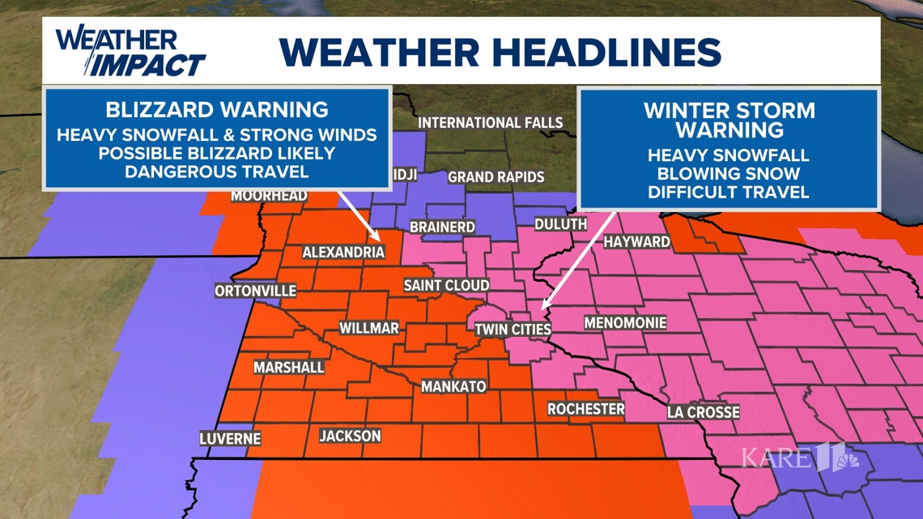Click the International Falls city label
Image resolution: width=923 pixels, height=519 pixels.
(x=490, y=123)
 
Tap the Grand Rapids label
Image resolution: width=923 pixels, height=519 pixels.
(x=496, y=177)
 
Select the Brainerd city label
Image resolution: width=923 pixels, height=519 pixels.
(x=442, y=228)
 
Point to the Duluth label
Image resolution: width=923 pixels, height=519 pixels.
(x=561, y=224)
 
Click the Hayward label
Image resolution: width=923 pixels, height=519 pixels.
(x=637, y=241)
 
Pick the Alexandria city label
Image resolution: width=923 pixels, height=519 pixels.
(x=343, y=253)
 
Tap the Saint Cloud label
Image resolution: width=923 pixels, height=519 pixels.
(x=446, y=285)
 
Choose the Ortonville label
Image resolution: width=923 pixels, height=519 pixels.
(x=256, y=291)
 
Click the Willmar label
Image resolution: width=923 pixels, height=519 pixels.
(x=368, y=328)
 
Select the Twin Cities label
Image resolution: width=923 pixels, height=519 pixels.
(x=513, y=330)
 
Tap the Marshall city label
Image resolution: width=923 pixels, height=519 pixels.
(x=289, y=368)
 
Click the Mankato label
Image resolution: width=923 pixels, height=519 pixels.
(x=453, y=387)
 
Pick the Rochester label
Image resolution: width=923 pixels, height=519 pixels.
(x=586, y=409)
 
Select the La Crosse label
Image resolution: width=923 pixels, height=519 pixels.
(x=703, y=412)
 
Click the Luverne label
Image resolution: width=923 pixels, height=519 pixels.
(x=231, y=439)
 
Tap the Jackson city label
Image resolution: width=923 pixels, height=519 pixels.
(x=350, y=436)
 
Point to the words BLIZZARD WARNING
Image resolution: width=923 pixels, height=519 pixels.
(x=217, y=109)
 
